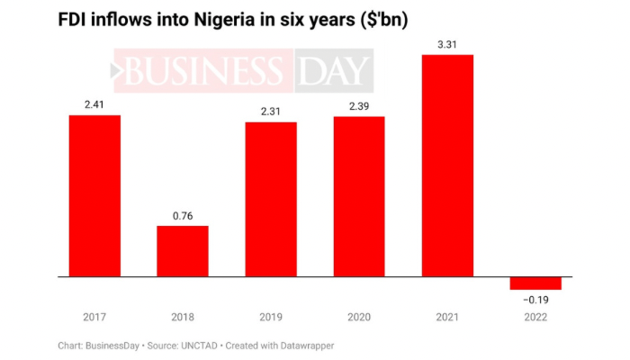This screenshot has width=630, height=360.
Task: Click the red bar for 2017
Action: [x=94, y=195]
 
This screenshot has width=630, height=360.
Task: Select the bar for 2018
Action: [x=183, y=251]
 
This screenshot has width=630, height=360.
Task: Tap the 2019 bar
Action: [x=271, y=199]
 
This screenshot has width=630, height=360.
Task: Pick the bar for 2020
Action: [x=359, y=196]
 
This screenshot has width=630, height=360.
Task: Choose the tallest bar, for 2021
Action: [x=447, y=166]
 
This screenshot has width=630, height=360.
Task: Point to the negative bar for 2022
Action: [x=535, y=283]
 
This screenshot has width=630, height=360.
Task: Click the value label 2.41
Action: [x=94, y=104]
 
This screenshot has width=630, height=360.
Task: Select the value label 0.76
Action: [x=183, y=215]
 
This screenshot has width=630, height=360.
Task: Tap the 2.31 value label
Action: [x=271, y=111]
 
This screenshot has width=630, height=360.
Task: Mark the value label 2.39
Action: [x=359, y=108]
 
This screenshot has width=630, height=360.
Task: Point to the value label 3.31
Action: [x=447, y=45]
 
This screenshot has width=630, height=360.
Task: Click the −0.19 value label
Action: [x=535, y=299]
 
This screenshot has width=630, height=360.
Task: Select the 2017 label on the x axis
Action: [x=94, y=316]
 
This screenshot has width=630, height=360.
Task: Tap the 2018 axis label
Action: [x=183, y=316]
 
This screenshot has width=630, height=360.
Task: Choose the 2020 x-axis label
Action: [x=359, y=316]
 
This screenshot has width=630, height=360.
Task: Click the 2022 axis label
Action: [x=535, y=316]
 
